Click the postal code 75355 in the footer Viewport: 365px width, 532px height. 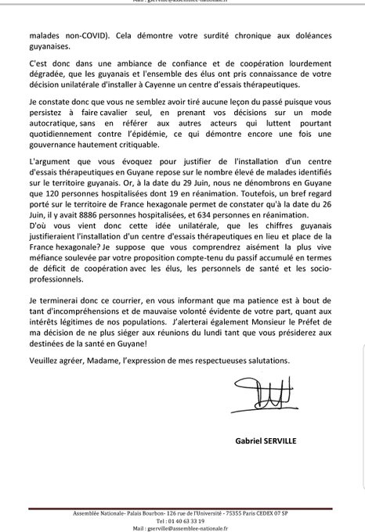tap(258, 511)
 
